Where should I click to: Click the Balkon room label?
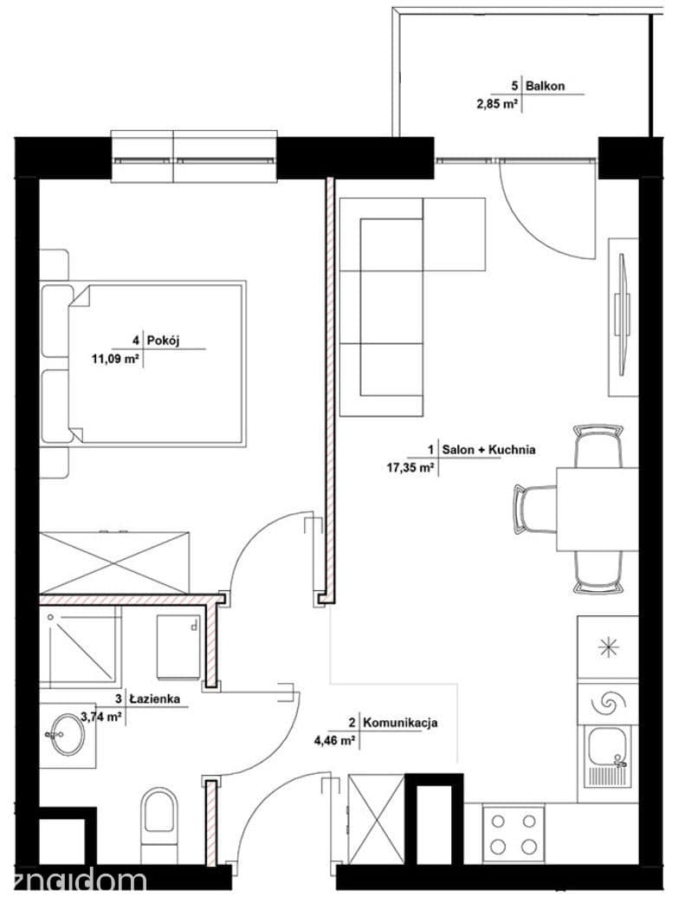pyautogui.click(x=545, y=86)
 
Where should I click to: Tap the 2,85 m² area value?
pyautogui.click(x=497, y=105)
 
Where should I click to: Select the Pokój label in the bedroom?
pyautogui.click(x=164, y=340)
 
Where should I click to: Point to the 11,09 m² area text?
pyautogui.click(x=115, y=359)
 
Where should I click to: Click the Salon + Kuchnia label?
pyautogui.click(x=488, y=449)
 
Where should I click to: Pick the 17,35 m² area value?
pyautogui.click(x=410, y=467)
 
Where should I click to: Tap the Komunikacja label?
pyautogui.click(x=400, y=723)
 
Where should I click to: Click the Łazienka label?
pyautogui.click(x=155, y=699)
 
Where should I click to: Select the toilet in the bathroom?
pyautogui.click(x=158, y=827)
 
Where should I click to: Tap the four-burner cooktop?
pyautogui.click(x=513, y=834)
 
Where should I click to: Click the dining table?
pyautogui.click(x=597, y=509)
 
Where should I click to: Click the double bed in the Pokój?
pyautogui.click(x=143, y=364)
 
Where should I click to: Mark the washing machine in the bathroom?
pyautogui.click(x=179, y=647)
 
